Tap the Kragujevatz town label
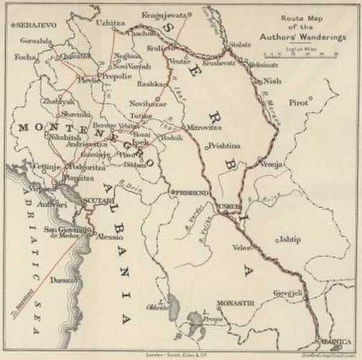click(x=164, y=13)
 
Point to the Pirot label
click(x=298, y=103)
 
